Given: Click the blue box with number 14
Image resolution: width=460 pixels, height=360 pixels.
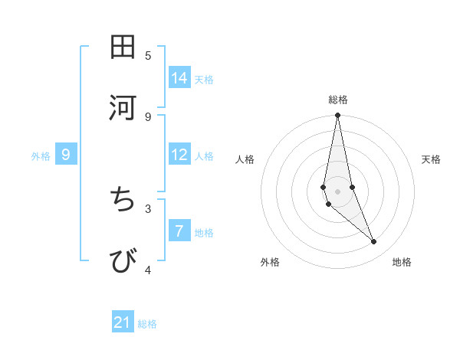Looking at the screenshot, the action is [x=179, y=78].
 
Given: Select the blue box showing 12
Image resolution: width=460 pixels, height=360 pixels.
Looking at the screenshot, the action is [x=179, y=155].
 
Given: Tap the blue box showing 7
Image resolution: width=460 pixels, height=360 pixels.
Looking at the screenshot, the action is [x=179, y=231].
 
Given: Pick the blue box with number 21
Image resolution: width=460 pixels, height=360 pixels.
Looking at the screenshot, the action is [x=123, y=323].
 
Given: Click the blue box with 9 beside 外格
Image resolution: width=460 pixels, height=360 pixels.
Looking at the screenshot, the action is [x=66, y=155].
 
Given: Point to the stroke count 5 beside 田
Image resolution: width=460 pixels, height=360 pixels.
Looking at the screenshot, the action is [x=148, y=55].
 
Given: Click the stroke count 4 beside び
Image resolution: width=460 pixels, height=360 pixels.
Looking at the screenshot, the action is [x=148, y=270].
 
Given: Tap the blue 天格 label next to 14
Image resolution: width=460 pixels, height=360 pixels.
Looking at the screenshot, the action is [x=204, y=79].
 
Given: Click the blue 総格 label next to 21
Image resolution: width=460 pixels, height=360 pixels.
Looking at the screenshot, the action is [x=147, y=324].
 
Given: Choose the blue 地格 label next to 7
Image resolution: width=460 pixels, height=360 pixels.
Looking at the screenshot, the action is [x=204, y=232].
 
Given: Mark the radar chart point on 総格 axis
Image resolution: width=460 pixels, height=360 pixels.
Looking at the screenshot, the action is [x=337, y=116].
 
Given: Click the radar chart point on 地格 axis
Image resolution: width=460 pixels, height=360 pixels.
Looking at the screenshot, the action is [x=374, y=242].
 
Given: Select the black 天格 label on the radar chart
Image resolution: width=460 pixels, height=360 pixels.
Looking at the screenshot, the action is [x=431, y=159].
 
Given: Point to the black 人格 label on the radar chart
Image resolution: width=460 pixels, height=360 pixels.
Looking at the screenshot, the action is [x=245, y=159].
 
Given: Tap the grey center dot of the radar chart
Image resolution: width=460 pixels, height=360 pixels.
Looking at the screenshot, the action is [x=337, y=191].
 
